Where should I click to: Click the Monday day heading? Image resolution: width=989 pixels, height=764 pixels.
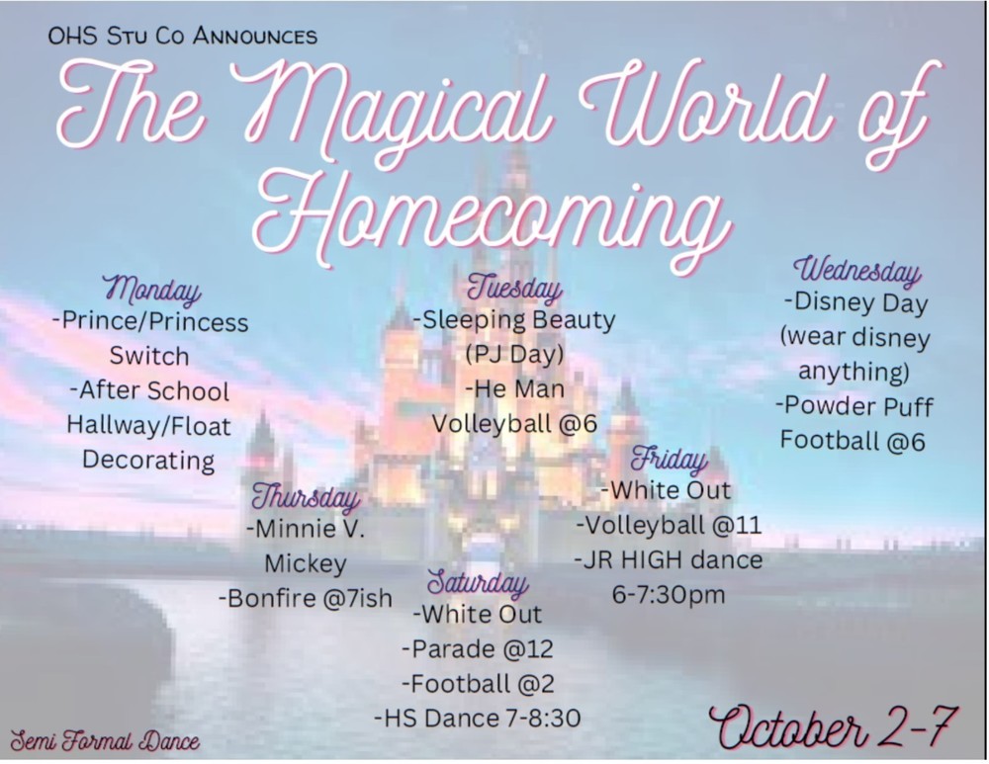(151, 290)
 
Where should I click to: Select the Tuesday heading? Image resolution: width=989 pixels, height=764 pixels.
(514, 288)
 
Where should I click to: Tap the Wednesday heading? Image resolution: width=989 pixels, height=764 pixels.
(857, 271)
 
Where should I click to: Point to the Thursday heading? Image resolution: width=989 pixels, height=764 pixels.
(306, 496)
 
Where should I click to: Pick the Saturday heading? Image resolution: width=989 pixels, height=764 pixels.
(478, 582)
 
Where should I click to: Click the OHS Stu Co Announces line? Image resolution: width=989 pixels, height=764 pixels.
(182, 36)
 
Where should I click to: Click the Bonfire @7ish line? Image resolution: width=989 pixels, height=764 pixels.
(306, 598)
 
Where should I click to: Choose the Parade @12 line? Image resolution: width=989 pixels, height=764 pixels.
(478, 648)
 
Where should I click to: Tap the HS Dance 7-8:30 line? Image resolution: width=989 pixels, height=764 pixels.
(478, 718)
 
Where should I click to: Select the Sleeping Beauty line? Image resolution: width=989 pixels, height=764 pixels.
(514, 321)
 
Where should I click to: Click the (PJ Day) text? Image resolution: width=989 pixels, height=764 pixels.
(514, 354)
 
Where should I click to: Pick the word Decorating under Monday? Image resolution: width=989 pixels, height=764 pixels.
(149, 460)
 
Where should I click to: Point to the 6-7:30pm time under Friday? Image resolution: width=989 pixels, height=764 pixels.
(669, 594)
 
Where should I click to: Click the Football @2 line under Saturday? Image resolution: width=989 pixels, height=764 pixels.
(478, 683)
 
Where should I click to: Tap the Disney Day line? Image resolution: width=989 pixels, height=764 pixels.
(855, 302)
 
